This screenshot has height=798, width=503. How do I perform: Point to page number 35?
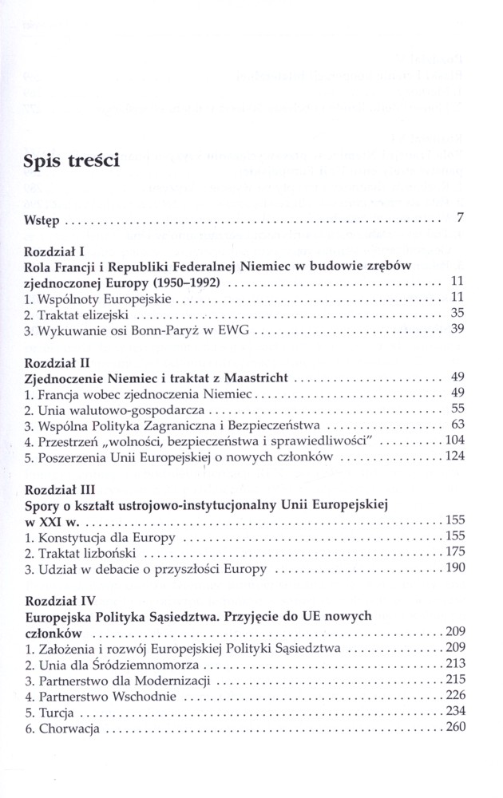[x=457, y=313]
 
